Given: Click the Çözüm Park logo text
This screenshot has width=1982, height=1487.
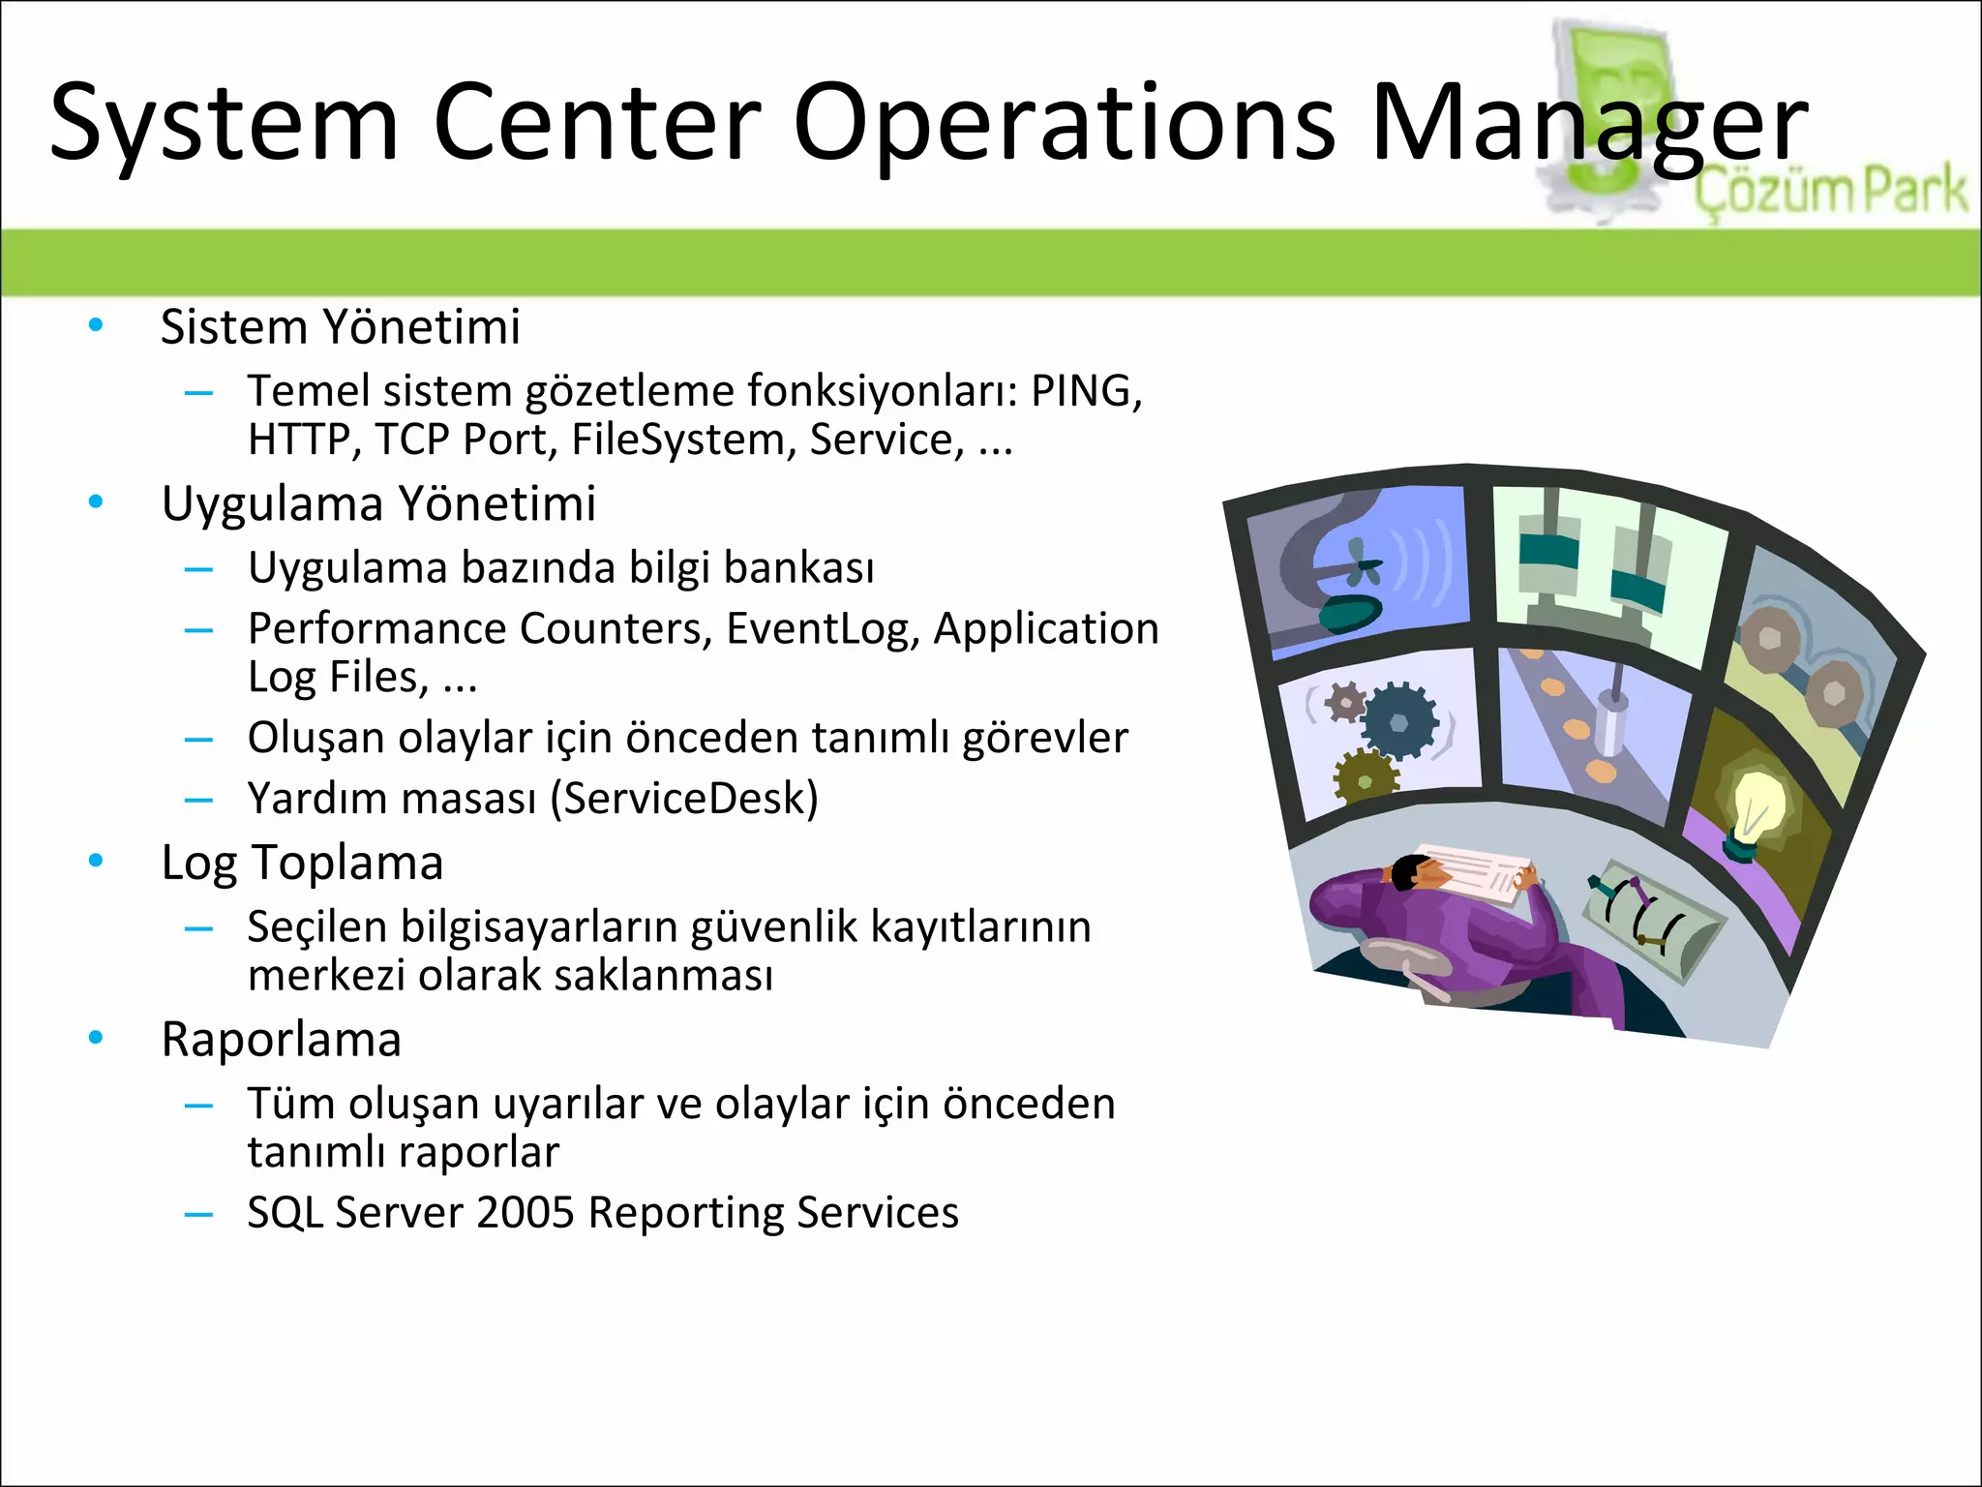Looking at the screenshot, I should click(1829, 191).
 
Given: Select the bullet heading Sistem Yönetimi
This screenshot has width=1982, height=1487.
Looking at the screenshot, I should click(340, 326).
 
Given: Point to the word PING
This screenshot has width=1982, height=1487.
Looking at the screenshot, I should click(1085, 391).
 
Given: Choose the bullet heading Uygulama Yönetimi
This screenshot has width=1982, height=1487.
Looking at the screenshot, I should click(378, 503).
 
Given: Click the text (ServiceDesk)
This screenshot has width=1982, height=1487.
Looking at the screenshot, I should click(683, 799).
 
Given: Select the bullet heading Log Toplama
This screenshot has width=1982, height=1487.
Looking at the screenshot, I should click(302, 863).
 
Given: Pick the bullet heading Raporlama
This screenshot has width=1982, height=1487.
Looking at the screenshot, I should click(281, 1040).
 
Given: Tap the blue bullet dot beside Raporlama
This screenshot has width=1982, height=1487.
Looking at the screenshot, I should click(95, 1038).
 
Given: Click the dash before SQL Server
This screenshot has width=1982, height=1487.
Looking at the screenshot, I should click(198, 1214).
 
